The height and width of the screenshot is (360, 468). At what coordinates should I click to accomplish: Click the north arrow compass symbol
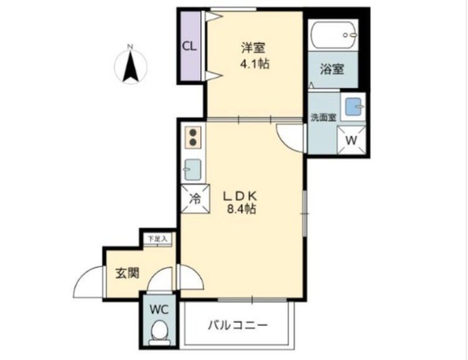(x=130, y=63)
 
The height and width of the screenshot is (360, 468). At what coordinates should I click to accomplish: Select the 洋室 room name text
(x=254, y=46)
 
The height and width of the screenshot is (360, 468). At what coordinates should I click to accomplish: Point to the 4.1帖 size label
(x=255, y=64)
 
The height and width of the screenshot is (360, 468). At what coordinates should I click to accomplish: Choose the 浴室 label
(x=332, y=69)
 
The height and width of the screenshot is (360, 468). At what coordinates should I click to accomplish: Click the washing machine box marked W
(x=352, y=140)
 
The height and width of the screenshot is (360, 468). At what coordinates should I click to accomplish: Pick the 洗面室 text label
(x=322, y=116)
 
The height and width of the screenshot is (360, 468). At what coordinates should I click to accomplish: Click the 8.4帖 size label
(x=240, y=209)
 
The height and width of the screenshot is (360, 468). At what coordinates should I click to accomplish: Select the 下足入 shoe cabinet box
(x=157, y=239)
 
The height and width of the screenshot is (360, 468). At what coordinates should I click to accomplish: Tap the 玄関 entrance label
(x=126, y=273)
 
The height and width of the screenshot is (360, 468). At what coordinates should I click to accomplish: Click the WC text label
(x=158, y=308)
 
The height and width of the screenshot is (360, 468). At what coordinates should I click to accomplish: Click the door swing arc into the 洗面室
(x=288, y=140)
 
